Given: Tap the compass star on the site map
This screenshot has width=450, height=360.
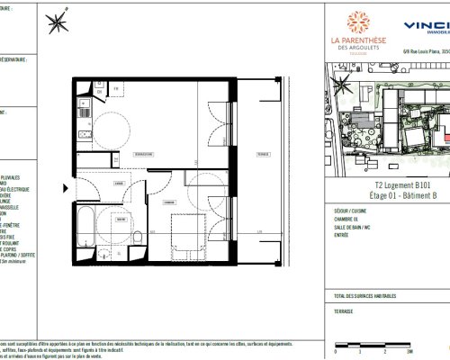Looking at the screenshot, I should (339, 86).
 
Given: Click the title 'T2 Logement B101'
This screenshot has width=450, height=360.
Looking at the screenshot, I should (383, 181).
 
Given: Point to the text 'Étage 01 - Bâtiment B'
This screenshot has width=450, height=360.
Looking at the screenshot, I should (383, 192).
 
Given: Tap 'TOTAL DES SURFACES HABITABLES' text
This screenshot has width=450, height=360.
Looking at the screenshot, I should (366, 296).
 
